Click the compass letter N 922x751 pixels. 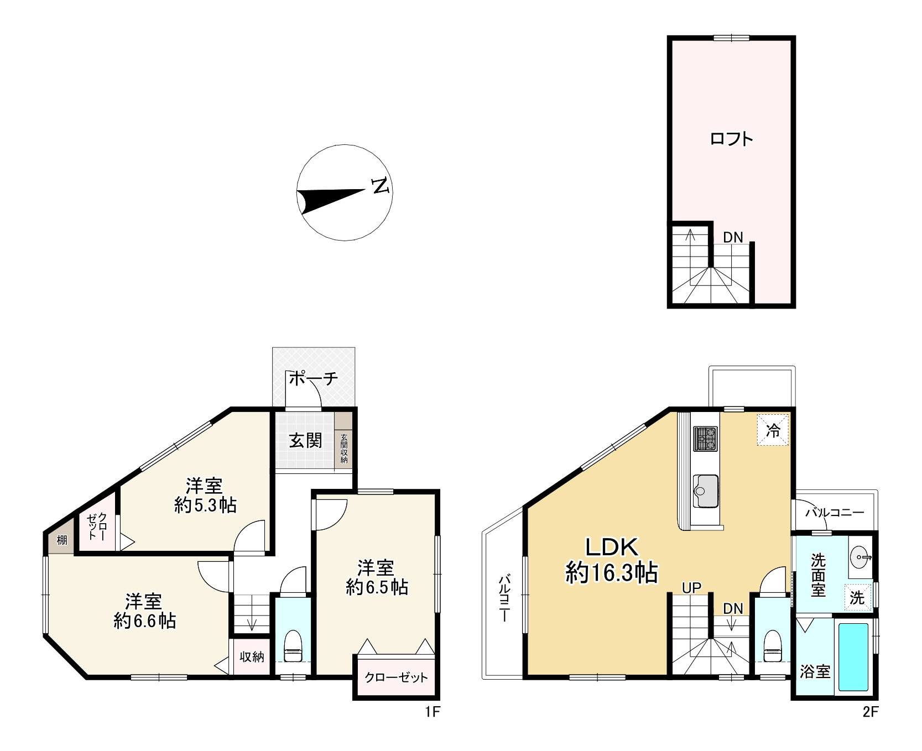pyautogui.click(x=381, y=186)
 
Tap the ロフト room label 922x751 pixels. pyautogui.click(x=731, y=139)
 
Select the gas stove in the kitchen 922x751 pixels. pyautogui.click(x=705, y=439)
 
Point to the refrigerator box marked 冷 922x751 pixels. pyautogui.click(x=773, y=430)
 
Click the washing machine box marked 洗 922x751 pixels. pyautogui.click(x=857, y=597)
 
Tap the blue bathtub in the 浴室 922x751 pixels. pyautogui.click(x=853, y=657)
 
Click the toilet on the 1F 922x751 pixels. pyautogui.click(x=294, y=645)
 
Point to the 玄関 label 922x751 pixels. pyautogui.click(x=306, y=440)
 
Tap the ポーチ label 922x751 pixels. pyautogui.click(x=313, y=378)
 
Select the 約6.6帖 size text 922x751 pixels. pyautogui.click(x=144, y=620)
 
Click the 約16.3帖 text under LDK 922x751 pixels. pyautogui.click(x=612, y=572)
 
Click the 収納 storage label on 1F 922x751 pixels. pyautogui.click(x=252, y=656)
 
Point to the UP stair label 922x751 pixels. pyautogui.click(x=691, y=588)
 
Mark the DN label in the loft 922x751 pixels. pyautogui.click(x=733, y=237)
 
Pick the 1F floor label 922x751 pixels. pyautogui.click(x=432, y=712)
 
